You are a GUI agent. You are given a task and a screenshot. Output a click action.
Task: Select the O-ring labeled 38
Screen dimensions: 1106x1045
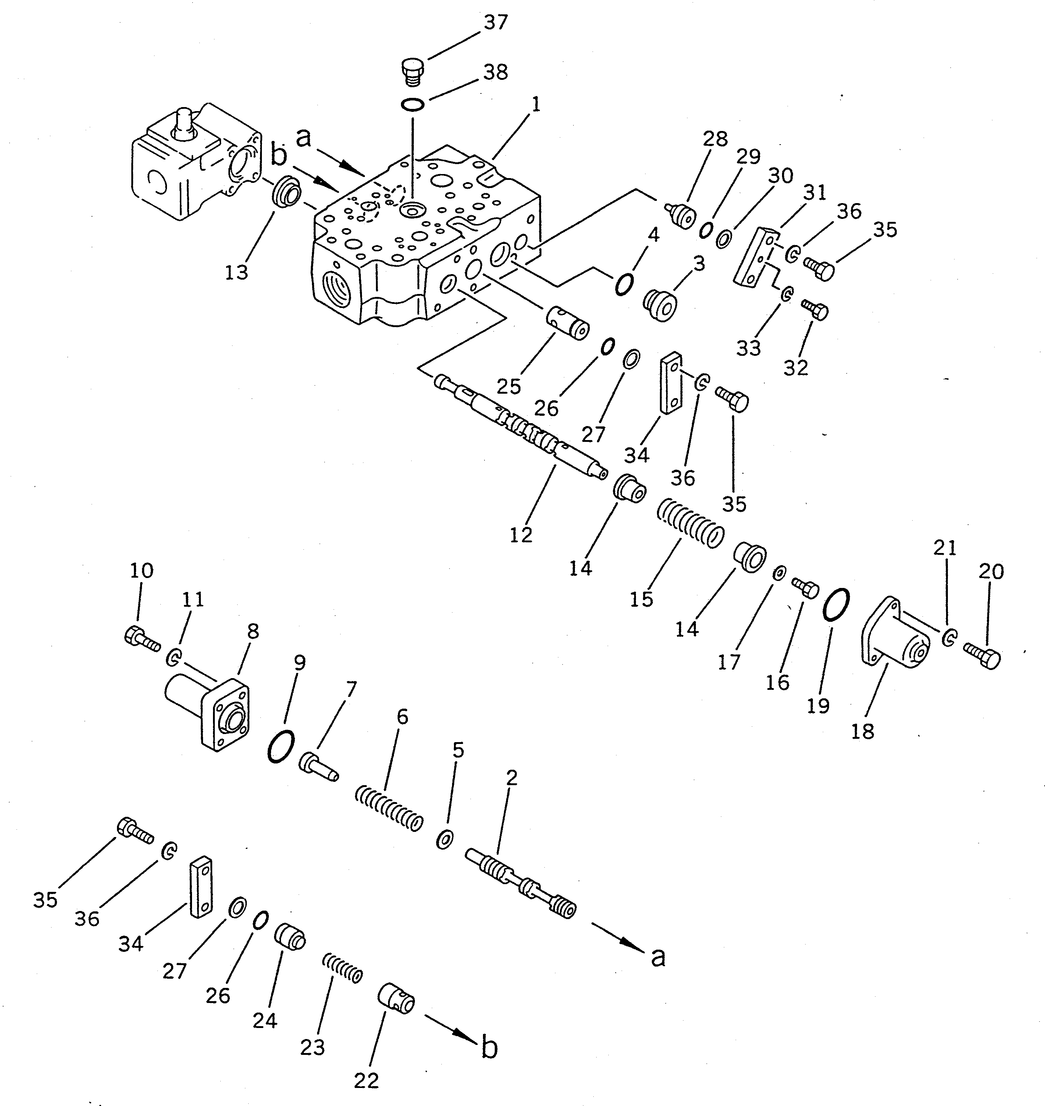(413, 104)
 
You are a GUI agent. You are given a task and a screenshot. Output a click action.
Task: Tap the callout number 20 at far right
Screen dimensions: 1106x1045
(991, 572)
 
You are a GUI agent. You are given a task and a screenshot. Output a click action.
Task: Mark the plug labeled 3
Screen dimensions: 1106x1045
(661, 305)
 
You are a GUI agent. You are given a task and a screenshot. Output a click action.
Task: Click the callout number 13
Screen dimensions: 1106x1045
(236, 273)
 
